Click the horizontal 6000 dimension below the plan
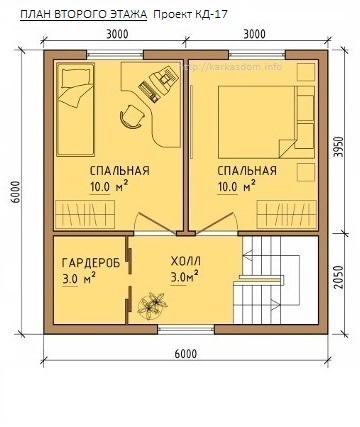click(x=183, y=353)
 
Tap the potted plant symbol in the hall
click(x=154, y=301)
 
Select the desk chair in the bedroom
click(x=131, y=117)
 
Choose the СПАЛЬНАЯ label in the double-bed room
click(x=246, y=170)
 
